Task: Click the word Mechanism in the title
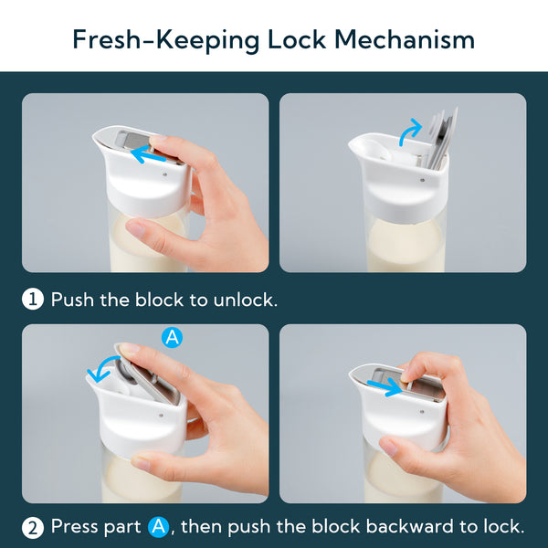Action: click(x=405, y=39)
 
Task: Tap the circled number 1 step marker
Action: click(x=33, y=300)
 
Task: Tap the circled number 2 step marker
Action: click(x=33, y=528)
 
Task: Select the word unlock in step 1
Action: click(x=245, y=300)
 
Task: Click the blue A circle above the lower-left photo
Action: click(x=172, y=337)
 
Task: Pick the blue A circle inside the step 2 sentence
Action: click(x=158, y=527)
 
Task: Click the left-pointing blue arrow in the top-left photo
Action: click(x=148, y=154)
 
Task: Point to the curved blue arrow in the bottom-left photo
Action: click(x=101, y=367)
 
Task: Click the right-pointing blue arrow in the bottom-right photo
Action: click(x=385, y=386)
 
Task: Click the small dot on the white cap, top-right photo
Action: click(x=423, y=180)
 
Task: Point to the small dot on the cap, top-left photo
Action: click(x=165, y=174)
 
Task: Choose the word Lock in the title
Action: click(x=297, y=39)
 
